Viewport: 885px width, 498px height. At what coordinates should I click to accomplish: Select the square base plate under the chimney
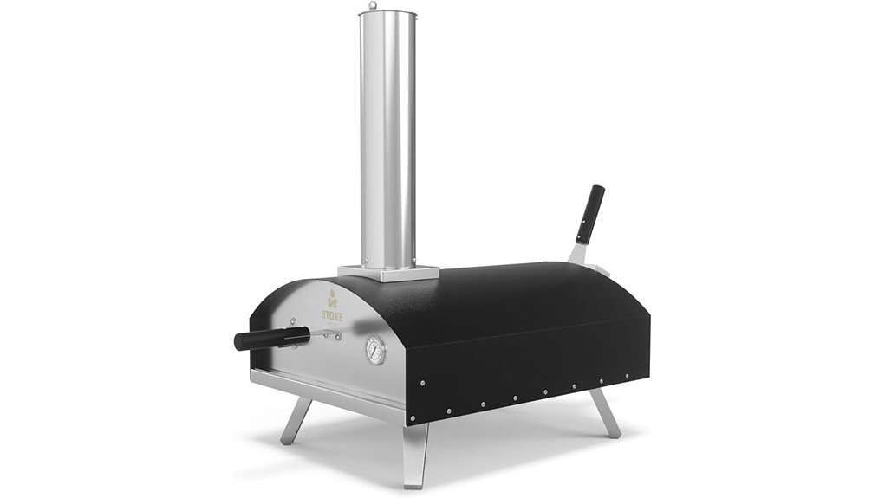pyautogui.click(x=382, y=270)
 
